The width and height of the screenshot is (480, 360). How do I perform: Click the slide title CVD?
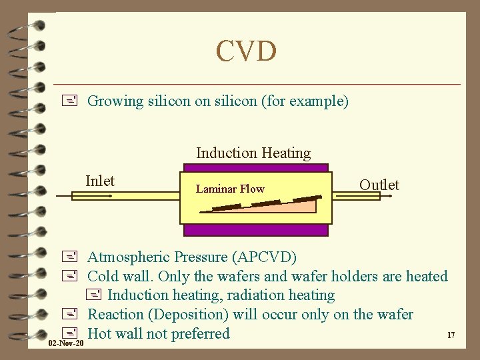pos(245,51)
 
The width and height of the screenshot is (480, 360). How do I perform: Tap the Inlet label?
pos(100,181)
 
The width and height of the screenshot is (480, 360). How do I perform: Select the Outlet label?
pos(379,185)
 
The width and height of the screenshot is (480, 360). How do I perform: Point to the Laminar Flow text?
pos(230,189)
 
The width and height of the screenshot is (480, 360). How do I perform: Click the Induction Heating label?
pos(253,153)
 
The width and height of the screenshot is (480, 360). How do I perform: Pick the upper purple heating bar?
pos(256,167)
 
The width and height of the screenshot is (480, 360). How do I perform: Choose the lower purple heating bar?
pos(256,230)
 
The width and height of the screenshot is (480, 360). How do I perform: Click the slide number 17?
pos(451,335)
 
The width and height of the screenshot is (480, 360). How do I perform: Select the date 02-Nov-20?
pos(66,343)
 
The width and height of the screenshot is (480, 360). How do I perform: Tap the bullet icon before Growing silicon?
pos(74,101)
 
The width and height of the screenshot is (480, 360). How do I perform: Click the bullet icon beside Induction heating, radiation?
pos(93,295)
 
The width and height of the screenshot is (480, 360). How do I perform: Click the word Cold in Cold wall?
pos(103,276)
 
